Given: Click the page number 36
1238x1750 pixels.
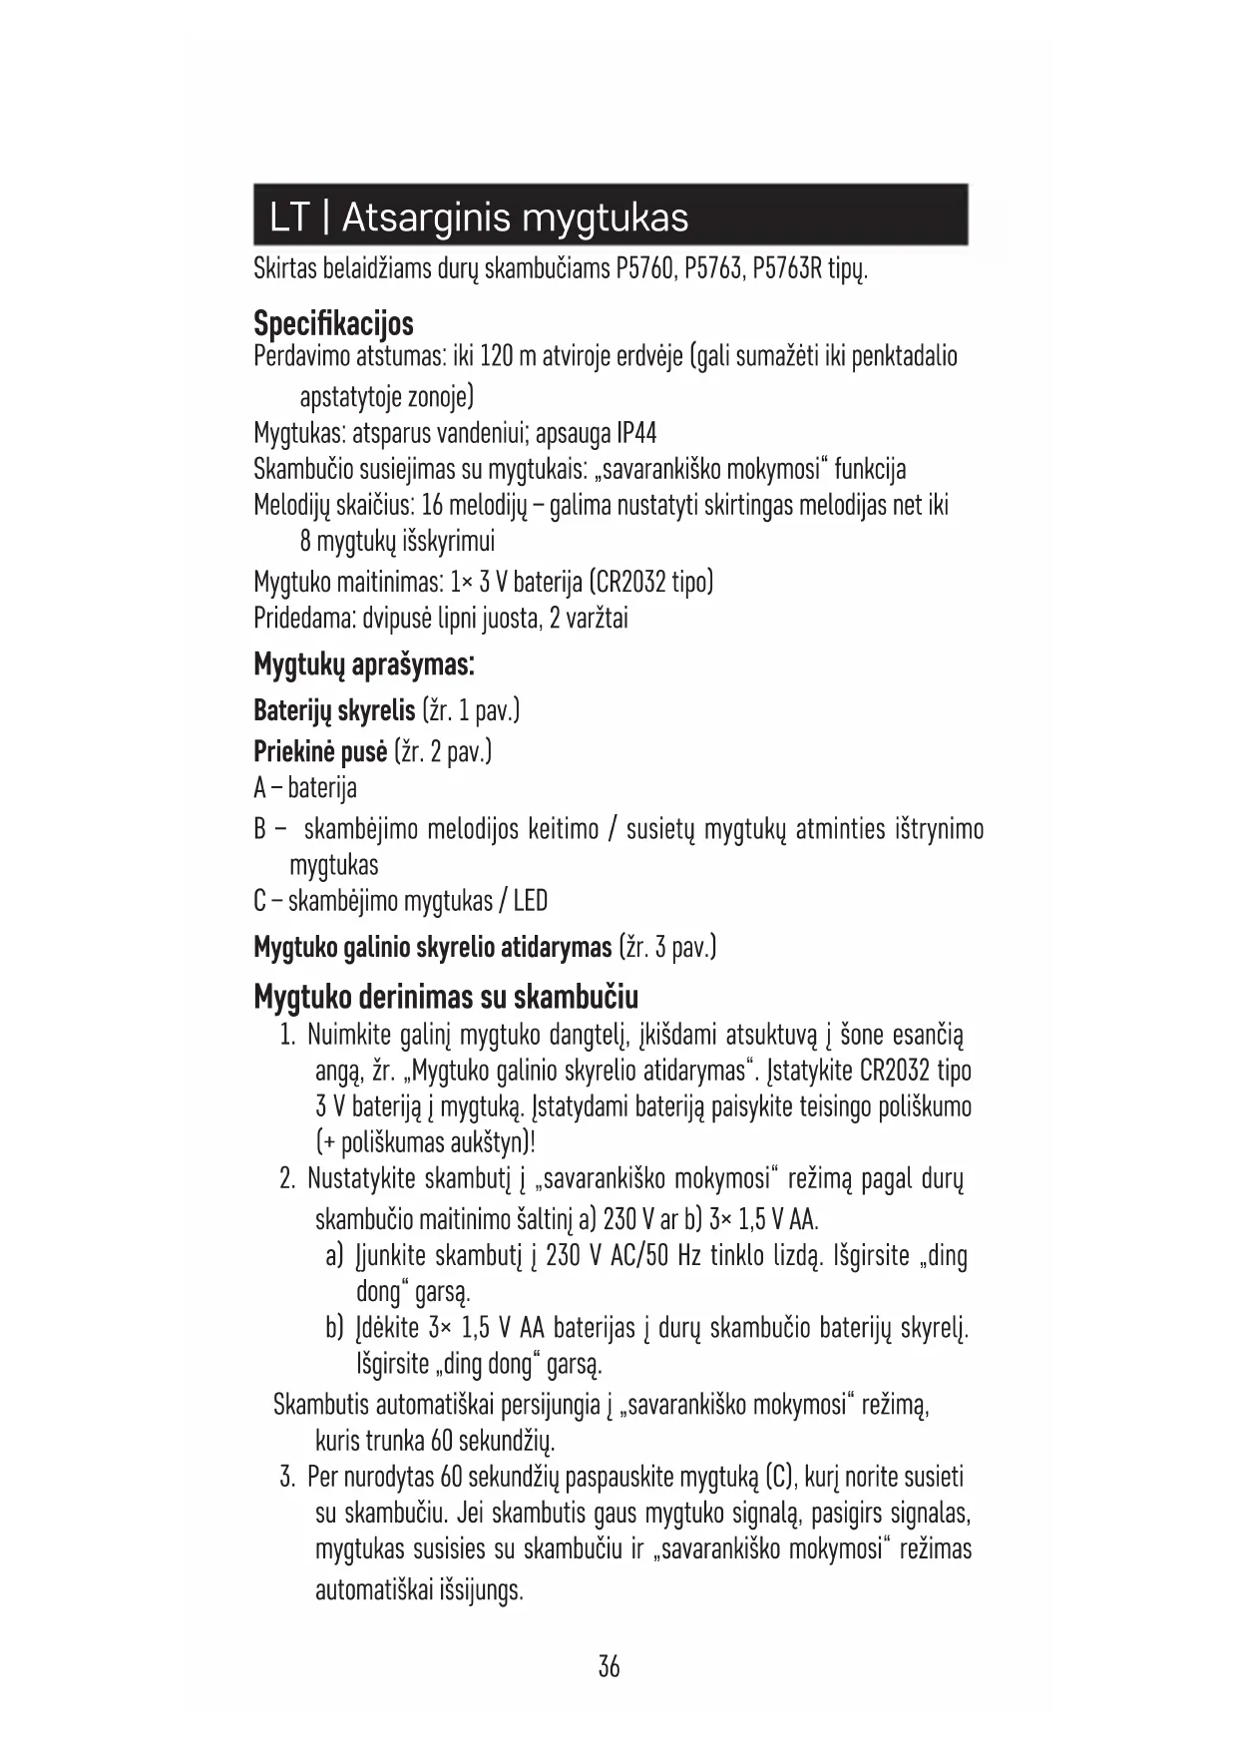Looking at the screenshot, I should pos(609,1666).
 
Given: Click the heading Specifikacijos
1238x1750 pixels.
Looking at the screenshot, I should pos(333,324).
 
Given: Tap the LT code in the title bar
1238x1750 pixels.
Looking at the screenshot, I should pos(289,217).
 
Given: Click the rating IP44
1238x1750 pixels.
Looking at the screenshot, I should pos(636,434).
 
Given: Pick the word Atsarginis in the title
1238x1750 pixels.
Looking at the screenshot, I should pos(426,217).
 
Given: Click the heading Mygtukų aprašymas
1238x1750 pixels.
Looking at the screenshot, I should pos(363,664).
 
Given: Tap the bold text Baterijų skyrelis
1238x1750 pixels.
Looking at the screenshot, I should pos(334,711).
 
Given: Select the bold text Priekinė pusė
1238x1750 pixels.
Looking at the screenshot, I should pos(319,751).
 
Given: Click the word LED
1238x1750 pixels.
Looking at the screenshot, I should pos(530,902).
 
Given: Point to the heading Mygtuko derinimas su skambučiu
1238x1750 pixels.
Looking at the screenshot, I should pos(446,997).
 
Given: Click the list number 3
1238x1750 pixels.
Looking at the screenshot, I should pos(287,1477).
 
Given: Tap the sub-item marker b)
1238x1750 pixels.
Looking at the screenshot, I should pos(335,1328).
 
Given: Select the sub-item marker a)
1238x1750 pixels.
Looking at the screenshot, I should pos(335,1255).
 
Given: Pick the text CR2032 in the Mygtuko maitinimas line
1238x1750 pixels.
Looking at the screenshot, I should pos(630,582).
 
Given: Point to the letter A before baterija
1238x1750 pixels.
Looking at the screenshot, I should pos(260,789).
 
